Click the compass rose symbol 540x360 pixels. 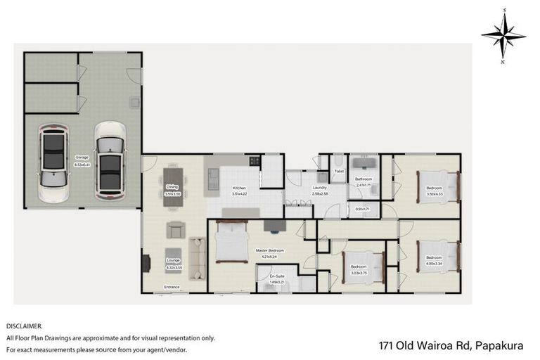[x=503, y=35]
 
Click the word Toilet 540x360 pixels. [x=338, y=171]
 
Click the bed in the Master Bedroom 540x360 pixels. [x=231, y=241]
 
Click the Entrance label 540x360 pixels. [x=172, y=287]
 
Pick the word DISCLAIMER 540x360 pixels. [x=25, y=326]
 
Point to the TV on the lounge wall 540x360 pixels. [x=146, y=263]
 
